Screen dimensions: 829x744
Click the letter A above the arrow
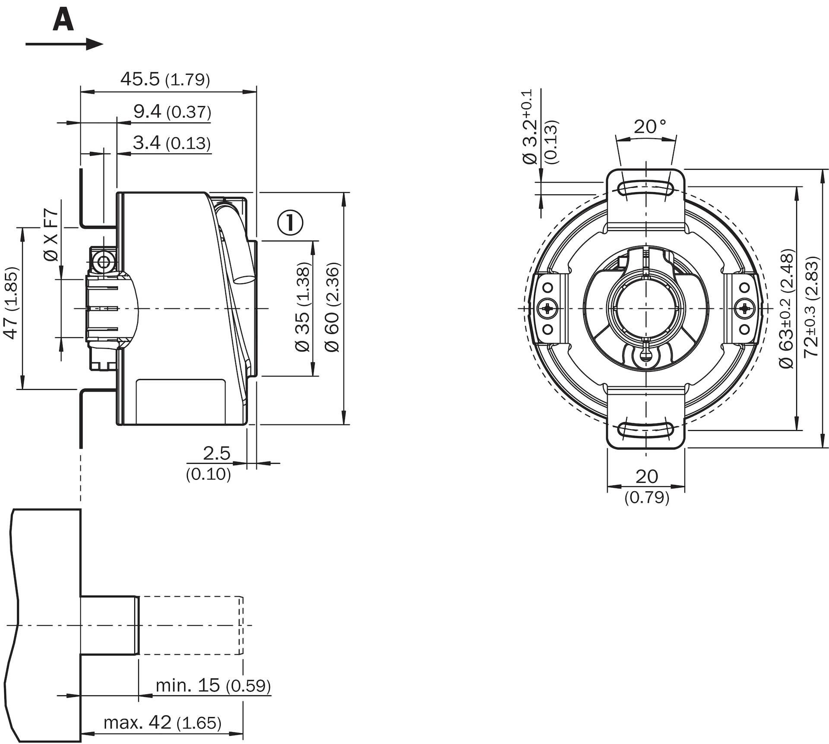63,21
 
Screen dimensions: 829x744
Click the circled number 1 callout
290,222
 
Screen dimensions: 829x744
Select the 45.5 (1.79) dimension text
165,79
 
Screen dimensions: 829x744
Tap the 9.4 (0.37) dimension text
172,111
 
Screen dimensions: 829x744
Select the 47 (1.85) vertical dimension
11,303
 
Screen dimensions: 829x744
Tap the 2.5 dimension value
217,453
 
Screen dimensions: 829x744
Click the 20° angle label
650,127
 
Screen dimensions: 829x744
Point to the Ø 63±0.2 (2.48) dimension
787,309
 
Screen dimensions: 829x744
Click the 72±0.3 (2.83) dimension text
812,307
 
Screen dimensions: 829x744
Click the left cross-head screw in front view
548,308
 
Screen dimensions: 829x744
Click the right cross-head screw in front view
744,308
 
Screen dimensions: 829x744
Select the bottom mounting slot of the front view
646,430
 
